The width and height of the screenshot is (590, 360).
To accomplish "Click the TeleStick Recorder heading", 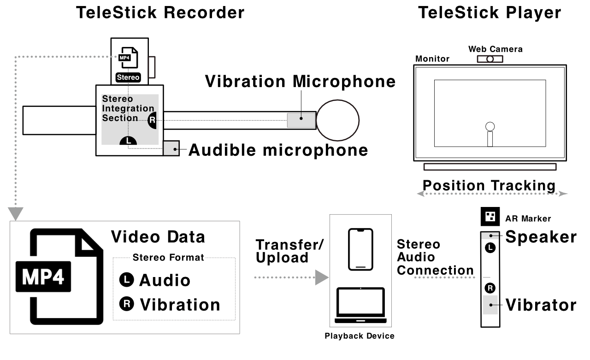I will [160, 12].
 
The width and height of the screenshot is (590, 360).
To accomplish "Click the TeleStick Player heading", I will [489, 12].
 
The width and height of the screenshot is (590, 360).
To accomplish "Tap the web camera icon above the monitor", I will [490, 59].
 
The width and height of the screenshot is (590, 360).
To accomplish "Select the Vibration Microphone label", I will [300, 82].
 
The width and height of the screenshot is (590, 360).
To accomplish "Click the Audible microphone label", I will [278, 150].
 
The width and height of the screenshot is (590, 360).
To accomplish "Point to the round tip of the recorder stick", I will [337, 119].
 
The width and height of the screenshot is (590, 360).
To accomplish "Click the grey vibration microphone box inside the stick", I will [301, 120].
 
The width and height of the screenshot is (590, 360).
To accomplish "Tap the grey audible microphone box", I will [171, 148].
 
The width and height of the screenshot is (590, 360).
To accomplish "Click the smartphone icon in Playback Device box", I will [360, 249].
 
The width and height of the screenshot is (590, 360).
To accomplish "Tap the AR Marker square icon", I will [489, 216].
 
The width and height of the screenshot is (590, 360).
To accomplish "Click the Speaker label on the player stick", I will [541, 237].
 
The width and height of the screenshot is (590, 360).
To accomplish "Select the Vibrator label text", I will [541, 305].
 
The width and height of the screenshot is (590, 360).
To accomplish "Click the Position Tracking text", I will [489, 185].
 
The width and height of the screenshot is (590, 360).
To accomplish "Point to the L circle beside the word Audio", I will [125, 279].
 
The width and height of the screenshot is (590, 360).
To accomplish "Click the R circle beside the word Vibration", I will [125, 304].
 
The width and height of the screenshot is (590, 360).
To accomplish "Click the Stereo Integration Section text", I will [128, 108].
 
